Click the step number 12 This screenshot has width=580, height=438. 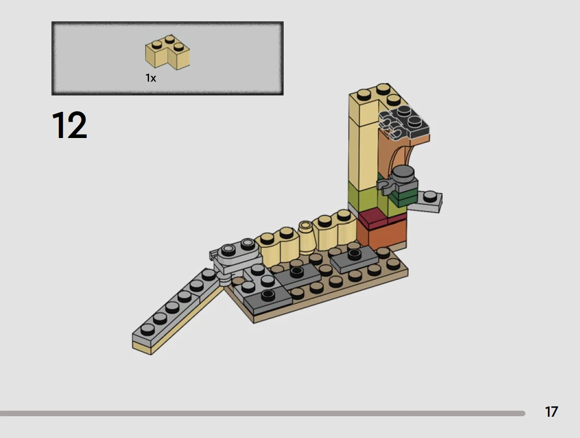tap(69, 125)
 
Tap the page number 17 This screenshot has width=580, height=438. tap(551, 412)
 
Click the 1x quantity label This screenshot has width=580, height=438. tap(151, 78)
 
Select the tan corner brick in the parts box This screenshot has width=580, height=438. tap(167, 52)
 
